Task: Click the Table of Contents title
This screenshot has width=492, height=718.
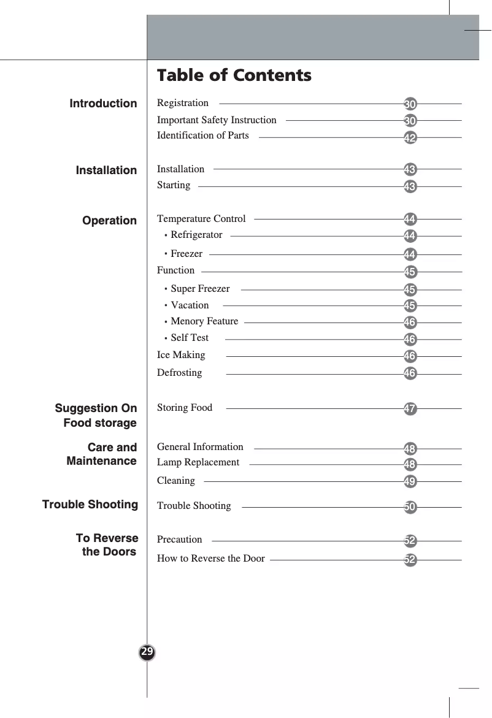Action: click(x=234, y=75)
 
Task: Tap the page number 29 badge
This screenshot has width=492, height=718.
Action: click(x=147, y=651)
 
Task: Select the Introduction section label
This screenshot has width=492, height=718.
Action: click(x=103, y=104)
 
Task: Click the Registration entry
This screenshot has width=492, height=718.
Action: click(x=183, y=103)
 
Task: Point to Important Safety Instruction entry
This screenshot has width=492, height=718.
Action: click(x=217, y=120)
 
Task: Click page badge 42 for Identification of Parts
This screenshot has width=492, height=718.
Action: click(x=410, y=138)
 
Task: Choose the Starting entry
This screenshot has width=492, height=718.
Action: click(x=174, y=185)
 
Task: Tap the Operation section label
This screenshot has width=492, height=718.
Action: click(x=110, y=221)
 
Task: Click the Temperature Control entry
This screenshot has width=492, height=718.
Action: click(x=201, y=219)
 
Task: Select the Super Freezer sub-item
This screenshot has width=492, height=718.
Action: click(x=200, y=289)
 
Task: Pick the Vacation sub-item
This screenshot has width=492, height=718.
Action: click(x=190, y=305)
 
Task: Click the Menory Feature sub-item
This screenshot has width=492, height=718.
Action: click(x=204, y=321)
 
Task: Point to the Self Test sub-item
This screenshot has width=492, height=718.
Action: click(x=190, y=338)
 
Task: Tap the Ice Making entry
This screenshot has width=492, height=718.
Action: click(x=181, y=355)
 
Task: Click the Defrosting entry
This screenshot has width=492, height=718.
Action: click(x=179, y=373)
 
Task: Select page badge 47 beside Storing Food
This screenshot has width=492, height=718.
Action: click(x=410, y=408)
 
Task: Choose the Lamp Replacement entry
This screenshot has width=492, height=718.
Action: click(x=198, y=462)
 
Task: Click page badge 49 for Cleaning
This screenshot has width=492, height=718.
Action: click(x=410, y=482)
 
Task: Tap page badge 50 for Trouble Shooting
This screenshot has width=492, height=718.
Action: click(x=410, y=507)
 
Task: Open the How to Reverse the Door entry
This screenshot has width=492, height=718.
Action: click(x=211, y=559)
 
